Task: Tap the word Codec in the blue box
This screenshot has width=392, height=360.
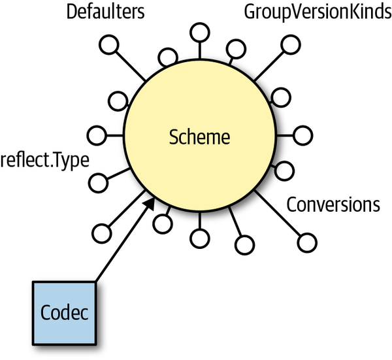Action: point(64,312)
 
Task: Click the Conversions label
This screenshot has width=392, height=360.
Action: point(333,205)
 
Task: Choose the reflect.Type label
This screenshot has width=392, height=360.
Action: point(44,159)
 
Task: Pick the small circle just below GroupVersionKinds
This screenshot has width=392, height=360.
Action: point(287,45)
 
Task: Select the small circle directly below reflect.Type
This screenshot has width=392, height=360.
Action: point(97,182)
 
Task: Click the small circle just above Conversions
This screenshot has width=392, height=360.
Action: point(283,171)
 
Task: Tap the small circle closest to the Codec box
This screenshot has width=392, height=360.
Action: point(103,232)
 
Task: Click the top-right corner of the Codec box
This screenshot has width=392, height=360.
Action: point(96,282)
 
